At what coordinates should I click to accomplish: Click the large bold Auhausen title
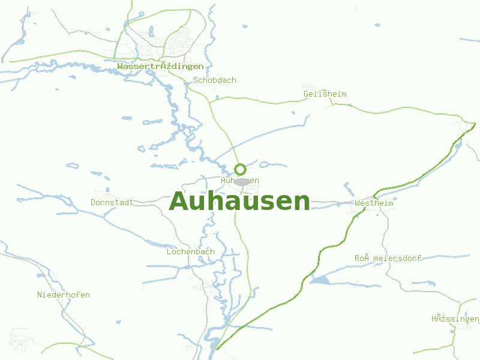(240, 201)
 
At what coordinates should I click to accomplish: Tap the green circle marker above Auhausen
(240, 169)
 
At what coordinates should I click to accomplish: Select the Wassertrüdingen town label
(160, 67)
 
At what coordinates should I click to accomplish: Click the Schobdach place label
(215, 80)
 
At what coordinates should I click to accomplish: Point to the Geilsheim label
(325, 94)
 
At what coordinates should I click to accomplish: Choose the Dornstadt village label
(112, 202)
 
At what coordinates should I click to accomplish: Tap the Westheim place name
(374, 203)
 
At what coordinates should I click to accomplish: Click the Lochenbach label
(190, 252)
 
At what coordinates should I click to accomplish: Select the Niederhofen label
(64, 295)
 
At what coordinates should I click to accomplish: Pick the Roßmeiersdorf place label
(388, 258)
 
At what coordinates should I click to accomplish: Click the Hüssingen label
(455, 319)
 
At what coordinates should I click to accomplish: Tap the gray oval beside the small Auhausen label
(242, 182)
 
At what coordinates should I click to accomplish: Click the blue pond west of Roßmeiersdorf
(319, 280)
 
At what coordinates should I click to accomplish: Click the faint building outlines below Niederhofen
(21, 339)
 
